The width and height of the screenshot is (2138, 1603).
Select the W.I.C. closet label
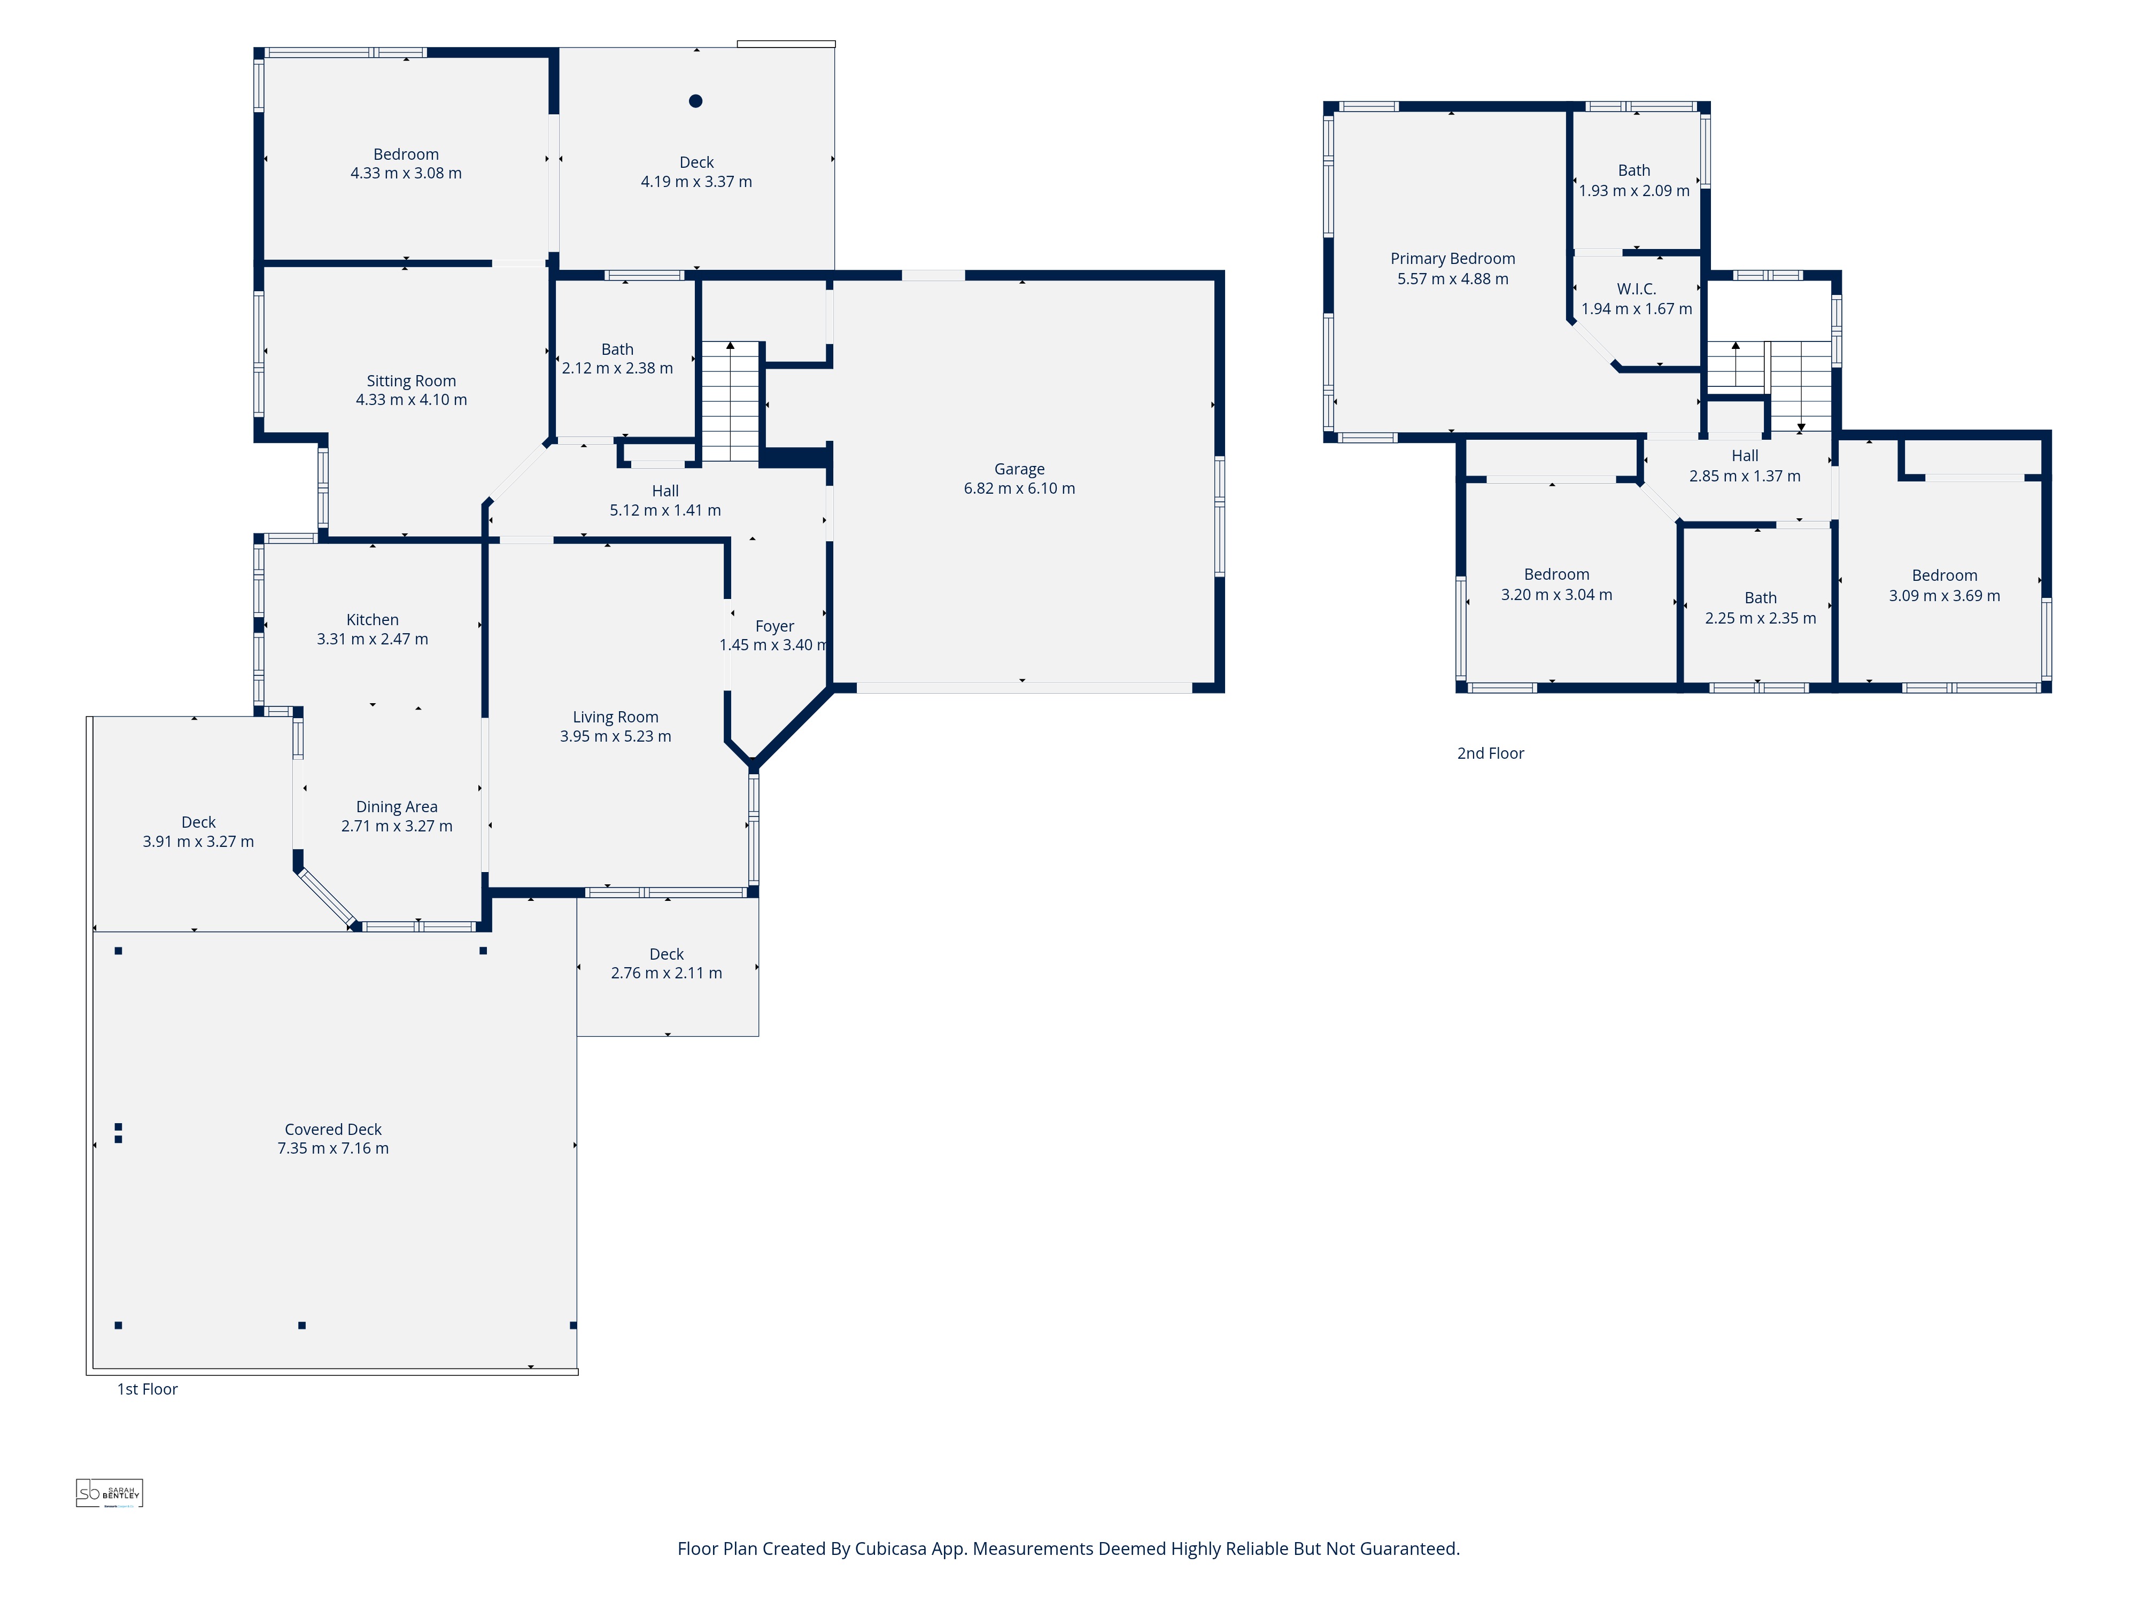pos(1636,289)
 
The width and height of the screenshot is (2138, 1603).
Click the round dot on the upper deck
pos(695,100)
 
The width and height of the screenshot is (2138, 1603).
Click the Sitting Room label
pos(411,380)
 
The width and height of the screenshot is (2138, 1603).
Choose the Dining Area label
pos(396,807)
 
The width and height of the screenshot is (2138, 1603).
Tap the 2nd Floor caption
pos(1490,753)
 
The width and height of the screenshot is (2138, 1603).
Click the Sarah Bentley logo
pos(109,1493)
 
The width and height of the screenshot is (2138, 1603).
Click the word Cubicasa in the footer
pos(890,1548)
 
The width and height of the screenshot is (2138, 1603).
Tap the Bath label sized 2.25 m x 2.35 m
pos(1760,598)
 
